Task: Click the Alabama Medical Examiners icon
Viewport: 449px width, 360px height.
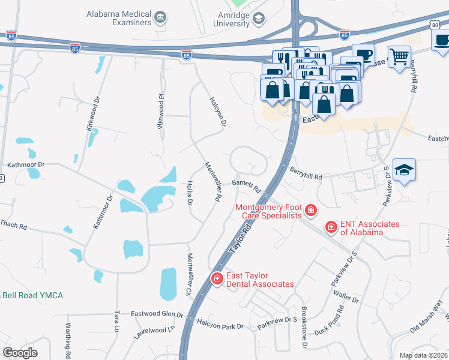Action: point(160,18)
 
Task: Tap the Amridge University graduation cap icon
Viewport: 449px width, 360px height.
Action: point(258,19)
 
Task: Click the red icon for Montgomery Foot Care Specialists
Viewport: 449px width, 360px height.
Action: point(310,210)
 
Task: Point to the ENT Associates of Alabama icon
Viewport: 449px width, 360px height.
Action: point(331,227)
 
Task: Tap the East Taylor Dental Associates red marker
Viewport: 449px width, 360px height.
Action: point(217,278)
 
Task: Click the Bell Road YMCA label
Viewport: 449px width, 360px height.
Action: point(32,296)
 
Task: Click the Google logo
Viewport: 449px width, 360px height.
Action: point(20,352)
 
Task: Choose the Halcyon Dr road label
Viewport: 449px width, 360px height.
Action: point(217,112)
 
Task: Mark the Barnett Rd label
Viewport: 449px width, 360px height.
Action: point(246,186)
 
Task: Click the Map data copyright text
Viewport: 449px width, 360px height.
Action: point(424,355)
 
